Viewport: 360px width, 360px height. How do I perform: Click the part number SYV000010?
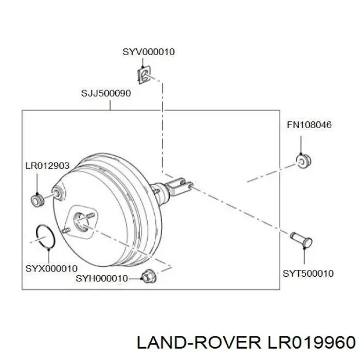[x=149, y=52]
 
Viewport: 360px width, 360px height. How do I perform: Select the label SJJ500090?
[x=106, y=93]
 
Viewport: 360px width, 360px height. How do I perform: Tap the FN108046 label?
[x=309, y=125]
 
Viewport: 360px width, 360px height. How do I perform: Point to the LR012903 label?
[x=47, y=166]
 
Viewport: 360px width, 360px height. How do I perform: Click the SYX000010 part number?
[x=51, y=268]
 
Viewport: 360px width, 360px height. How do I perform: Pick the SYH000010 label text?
[x=102, y=279]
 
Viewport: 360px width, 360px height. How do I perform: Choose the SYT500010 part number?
[x=308, y=274]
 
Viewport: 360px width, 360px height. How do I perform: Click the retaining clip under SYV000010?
[x=144, y=75]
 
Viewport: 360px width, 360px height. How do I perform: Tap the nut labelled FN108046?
[x=303, y=160]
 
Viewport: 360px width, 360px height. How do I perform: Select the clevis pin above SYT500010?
[x=301, y=240]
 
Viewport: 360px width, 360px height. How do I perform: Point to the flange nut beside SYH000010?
[x=149, y=276]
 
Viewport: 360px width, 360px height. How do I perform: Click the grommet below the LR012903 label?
[x=37, y=201]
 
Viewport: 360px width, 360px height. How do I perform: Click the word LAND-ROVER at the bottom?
[x=199, y=343]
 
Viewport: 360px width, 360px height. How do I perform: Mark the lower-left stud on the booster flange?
[x=66, y=231]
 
